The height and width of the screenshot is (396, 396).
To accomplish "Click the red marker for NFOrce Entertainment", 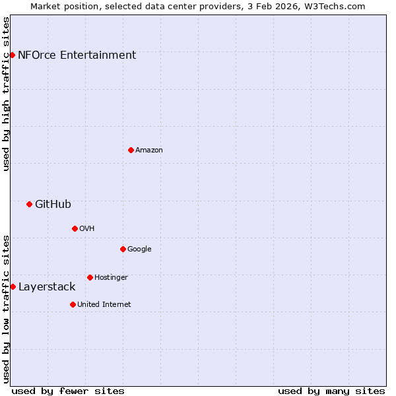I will tap(12, 55).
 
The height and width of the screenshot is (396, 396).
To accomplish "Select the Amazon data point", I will tap(131, 150).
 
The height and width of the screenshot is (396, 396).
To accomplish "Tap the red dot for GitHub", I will tap(29, 204).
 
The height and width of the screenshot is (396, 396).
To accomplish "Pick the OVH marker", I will tap(75, 228).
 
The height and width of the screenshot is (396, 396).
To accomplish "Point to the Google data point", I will tap(123, 249).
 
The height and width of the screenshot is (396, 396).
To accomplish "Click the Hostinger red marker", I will tap(90, 277).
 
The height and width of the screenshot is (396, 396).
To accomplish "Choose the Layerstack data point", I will tap(13, 286).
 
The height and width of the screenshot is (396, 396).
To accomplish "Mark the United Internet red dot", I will tap(73, 304).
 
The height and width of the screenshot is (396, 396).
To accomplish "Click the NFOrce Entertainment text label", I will tap(77, 55).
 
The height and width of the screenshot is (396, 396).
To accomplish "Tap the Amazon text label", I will tap(149, 150).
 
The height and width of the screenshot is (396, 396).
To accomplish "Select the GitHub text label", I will tap(53, 205).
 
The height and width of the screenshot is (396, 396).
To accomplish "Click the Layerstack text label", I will tap(47, 287).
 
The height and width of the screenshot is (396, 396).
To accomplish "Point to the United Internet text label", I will tap(104, 305).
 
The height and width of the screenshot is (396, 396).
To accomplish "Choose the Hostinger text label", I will tap(111, 278).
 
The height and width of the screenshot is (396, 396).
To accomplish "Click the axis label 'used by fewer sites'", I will tap(68, 391).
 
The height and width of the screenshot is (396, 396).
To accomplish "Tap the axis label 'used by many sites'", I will tap(331, 391).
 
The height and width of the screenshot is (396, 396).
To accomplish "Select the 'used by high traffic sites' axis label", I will tap(6, 94).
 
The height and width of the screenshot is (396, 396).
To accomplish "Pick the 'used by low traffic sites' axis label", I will tap(6, 309).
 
